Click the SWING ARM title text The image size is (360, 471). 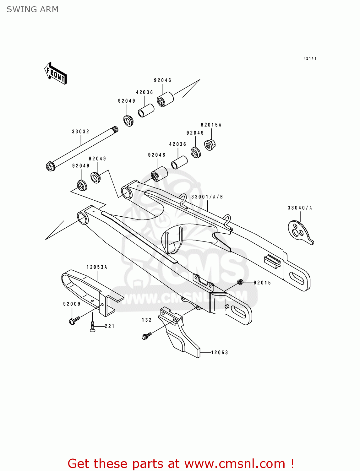point(32,9)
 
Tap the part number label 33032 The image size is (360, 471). point(81,132)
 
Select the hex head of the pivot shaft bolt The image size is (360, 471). point(51,166)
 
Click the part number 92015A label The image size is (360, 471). point(211,125)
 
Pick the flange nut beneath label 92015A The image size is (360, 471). point(210,145)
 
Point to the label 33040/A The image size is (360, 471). point(300,208)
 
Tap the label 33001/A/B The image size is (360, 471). point(207,197)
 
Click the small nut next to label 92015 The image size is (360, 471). point(240,282)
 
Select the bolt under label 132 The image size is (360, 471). point(146,336)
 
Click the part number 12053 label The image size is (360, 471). point(220,353)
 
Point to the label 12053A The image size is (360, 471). point(97,267)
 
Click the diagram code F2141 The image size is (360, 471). point(310,58)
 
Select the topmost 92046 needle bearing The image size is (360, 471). point(165,99)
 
